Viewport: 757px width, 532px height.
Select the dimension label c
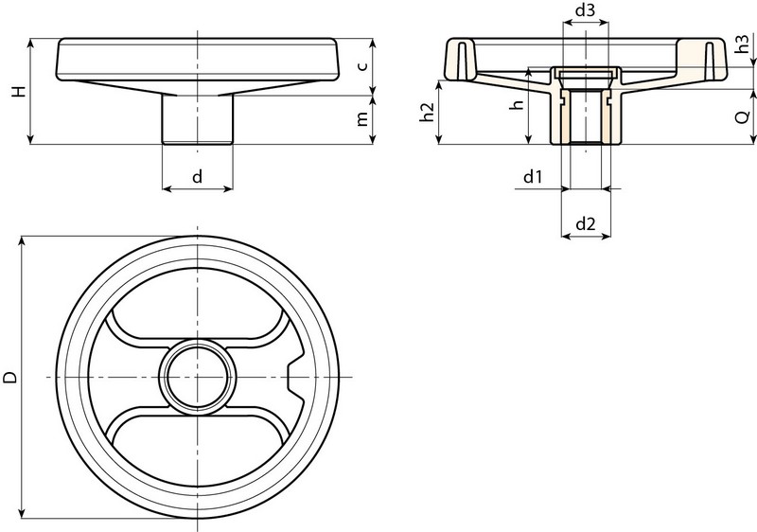(362, 65)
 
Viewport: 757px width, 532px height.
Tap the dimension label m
(362, 120)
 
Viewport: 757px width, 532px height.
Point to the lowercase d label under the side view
(197, 176)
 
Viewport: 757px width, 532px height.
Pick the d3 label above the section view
(585, 11)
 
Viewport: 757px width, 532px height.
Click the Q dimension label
(744, 117)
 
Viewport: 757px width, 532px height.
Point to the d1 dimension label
(532, 176)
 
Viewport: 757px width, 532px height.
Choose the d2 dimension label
(585, 224)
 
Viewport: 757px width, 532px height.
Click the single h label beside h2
(516, 106)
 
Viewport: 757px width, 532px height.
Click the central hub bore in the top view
(197, 377)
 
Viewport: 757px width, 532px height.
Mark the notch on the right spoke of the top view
(294, 377)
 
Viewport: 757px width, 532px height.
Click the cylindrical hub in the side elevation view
(197, 118)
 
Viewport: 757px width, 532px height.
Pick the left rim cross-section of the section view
(458, 59)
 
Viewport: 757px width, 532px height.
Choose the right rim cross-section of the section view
(712, 59)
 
